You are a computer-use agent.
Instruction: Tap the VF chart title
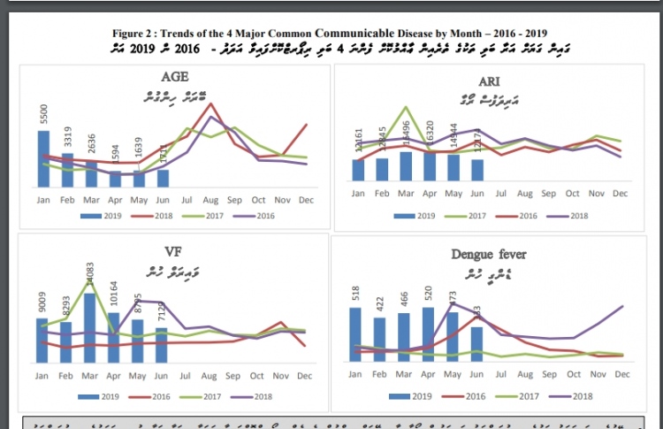[174, 249]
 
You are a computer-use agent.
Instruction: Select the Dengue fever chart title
[489, 255]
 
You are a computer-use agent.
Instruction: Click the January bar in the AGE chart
[44, 159]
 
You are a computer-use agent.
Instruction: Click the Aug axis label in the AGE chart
[210, 200]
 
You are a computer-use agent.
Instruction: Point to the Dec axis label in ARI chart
[621, 193]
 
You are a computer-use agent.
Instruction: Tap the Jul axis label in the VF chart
[187, 376]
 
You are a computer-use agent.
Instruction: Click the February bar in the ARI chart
[382, 169]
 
